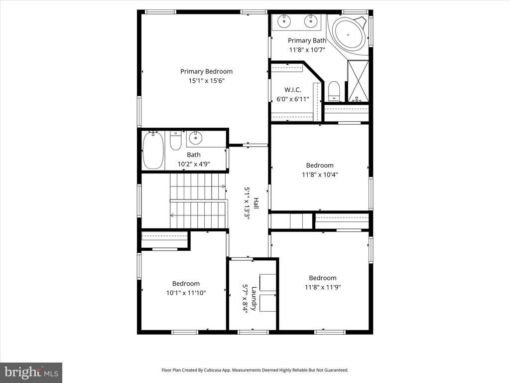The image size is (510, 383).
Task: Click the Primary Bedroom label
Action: tap(207, 71)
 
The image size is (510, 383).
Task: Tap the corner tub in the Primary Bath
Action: tap(348, 34)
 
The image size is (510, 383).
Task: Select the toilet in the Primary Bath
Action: tap(334, 91)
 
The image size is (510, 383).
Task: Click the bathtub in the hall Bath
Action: tap(153, 150)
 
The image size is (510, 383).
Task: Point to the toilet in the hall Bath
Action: tap(176, 140)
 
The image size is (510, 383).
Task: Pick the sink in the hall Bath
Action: tap(196, 138)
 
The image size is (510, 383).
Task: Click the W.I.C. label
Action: tap(293, 90)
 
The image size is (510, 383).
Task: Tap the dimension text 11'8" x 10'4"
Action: tap(320, 175)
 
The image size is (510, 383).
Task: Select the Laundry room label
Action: tap(254, 299)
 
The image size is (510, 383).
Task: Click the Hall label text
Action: tap(256, 203)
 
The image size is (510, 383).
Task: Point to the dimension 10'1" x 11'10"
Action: tap(186, 293)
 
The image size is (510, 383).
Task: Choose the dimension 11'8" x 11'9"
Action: tap(323, 287)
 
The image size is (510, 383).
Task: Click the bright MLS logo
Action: tap(31, 373)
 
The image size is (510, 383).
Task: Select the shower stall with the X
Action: tap(358, 81)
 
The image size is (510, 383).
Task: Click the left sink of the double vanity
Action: tap(284, 21)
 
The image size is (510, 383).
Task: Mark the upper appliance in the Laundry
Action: tap(267, 282)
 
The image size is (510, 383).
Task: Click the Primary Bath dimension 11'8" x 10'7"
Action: tap(307, 50)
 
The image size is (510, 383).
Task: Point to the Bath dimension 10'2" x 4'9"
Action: tap(194, 164)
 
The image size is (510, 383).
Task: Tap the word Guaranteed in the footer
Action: tap(337, 370)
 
